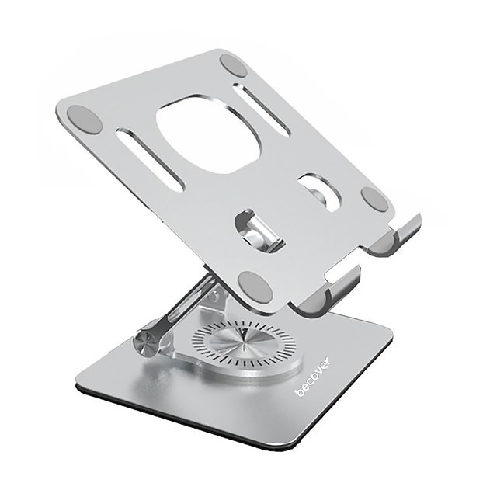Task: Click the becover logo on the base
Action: pos(313,376)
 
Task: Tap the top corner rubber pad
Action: pos(234,66)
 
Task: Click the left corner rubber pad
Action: pos(84,120)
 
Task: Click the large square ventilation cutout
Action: pos(210,134)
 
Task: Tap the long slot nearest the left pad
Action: pos(151,159)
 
